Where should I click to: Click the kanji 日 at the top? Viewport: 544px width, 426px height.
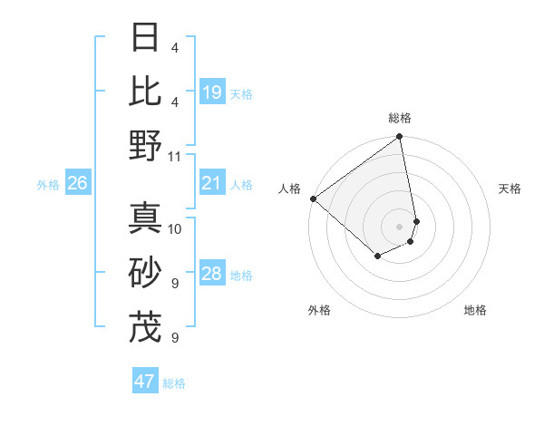(x=146, y=38)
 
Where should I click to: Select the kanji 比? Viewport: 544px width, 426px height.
(x=146, y=91)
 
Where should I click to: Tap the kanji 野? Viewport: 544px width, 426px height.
(x=146, y=145)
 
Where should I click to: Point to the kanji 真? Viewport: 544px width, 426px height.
(x=146, y=218)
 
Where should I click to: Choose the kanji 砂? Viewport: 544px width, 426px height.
(x=146, y=272)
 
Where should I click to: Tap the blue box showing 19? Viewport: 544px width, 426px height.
(x=212, y=92)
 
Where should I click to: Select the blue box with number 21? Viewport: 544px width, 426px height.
(x=212, y=184)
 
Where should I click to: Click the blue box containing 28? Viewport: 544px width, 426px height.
(x=212, y=275)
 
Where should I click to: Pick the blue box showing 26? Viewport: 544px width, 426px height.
(x=78, y=184)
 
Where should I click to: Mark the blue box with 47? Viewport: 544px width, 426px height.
(x=145, y=382)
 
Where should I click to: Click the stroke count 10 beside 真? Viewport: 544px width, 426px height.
(x=175, y=228)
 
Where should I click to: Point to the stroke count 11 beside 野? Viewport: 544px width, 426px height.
(x=175, y=156)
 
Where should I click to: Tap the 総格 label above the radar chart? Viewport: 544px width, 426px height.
(x=399, y=118)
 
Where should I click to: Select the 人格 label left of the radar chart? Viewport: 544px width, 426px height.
(x=290, y=189)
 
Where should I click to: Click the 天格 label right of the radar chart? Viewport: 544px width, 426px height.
(x=510, y=189)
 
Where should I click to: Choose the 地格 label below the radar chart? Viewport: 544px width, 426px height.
(x=475, y=310)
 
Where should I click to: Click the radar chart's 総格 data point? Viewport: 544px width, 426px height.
(x=399, y=138)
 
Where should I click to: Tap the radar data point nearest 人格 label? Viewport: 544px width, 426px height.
(x=313, y=198)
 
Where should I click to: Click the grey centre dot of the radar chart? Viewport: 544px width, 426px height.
(x=399, y=226)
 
